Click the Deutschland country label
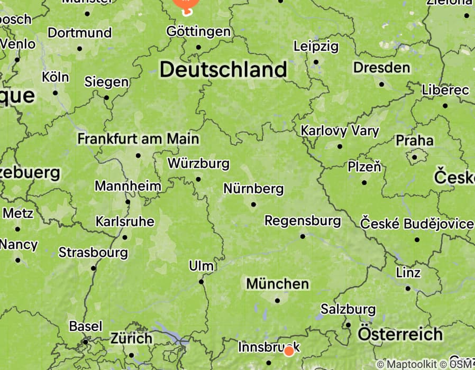[223, 69]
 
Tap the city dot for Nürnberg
[253, 204]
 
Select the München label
[277, 284]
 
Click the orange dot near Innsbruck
[289, 351]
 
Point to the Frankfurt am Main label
[138, 139]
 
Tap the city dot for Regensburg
[303, 236]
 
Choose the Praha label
[415, 141]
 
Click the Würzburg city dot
[198, 179]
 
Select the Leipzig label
[316, 47]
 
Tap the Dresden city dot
[381, 84]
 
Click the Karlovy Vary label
[340, 131]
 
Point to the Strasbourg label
[93, 253]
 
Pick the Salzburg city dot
[348, 325]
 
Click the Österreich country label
[400, 334]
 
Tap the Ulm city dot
[201, 281]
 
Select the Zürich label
[131, 338]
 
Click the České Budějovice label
[417, 224]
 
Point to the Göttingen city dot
[198, 47]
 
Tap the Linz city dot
[408, 289]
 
